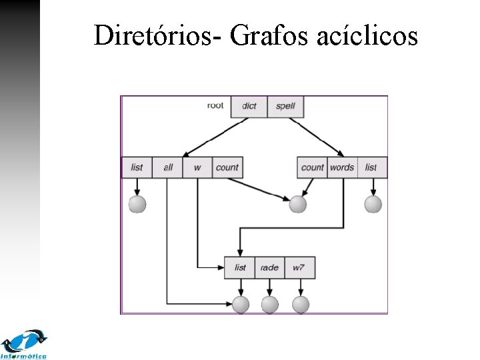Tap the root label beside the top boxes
click(215, 105)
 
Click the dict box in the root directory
click(249, 107)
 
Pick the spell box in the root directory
click(285, 107)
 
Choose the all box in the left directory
click(167, 167)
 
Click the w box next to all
click(197, 167)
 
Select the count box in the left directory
click(227, 167)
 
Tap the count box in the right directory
click(312, 167)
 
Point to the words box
click(342, 167)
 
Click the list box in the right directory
click(372, 167)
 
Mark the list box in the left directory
click(137, 167)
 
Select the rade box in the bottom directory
click(269, 267)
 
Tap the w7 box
click(299, 267)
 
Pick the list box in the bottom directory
click(240, 267)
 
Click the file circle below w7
click(301, 305)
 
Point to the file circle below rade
click(269, 305)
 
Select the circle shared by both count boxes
click(297, 204)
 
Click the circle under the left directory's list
click(137, 204)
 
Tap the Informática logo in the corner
click(25, 344)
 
